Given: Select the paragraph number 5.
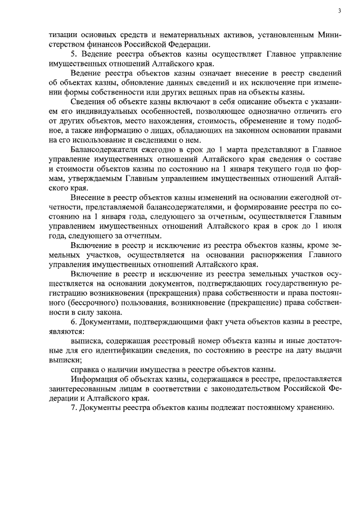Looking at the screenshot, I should point(74,52).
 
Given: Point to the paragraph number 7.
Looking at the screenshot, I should point(74,407).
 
